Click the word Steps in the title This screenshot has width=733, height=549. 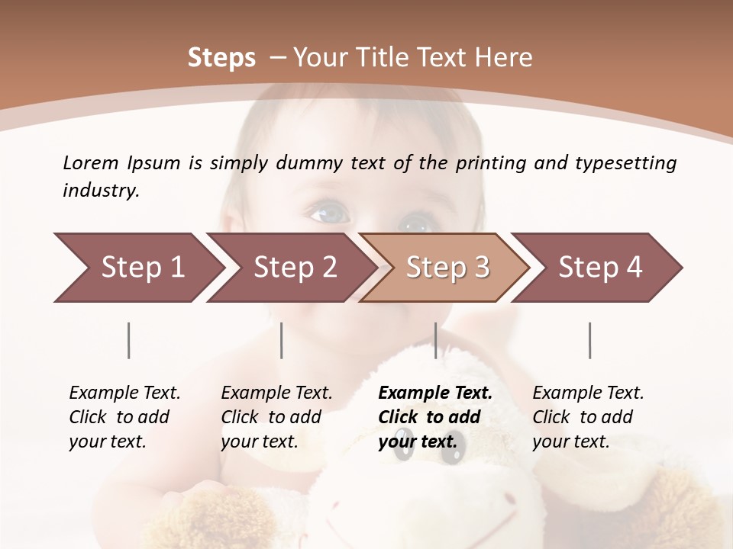(221, 58)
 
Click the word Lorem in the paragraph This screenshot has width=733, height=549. (90, 162)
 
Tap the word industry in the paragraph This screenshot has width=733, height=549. (101, 191)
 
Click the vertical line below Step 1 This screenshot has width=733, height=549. (129, 340)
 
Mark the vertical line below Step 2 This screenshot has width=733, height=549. (282, 340)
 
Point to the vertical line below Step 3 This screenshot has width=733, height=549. (436, 340)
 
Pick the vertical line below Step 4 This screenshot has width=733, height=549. (590, 340)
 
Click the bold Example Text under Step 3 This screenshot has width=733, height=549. (435, 393)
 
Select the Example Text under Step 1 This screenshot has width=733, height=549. (124, 393)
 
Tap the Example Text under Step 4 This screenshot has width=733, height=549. (588, 393)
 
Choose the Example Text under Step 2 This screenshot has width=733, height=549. (276, 393)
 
